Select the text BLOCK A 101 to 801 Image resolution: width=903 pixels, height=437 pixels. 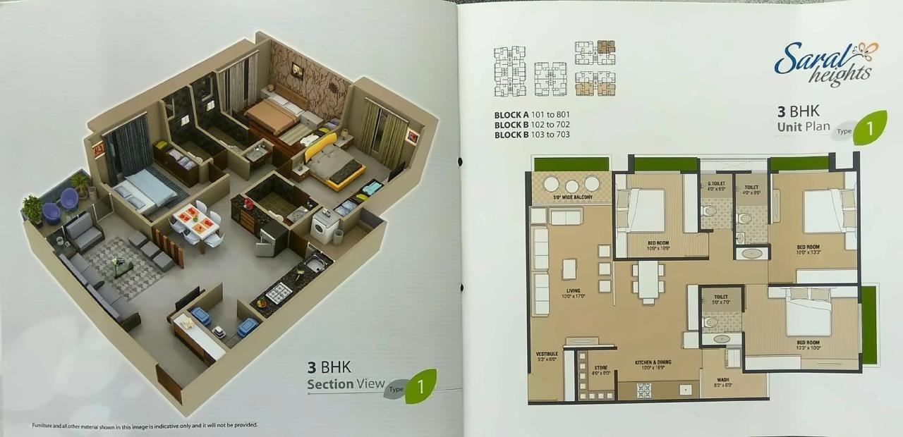tap(531, 114)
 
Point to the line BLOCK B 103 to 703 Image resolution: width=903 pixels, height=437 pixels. tap(531, 134)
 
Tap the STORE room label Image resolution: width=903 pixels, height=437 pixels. tap(600, 370)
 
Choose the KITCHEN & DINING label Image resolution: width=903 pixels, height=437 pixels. tap(653, 364)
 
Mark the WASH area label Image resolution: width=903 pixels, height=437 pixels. tap(722, 381)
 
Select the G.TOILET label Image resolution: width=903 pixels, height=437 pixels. tap(716, 185)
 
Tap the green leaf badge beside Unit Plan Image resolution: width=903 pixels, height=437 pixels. tap(869, 128)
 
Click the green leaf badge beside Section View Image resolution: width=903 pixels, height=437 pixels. tap(420, 386)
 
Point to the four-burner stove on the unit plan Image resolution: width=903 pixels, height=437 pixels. tap(643, 390)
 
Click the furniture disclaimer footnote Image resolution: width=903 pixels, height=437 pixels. tap(145, 425)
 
